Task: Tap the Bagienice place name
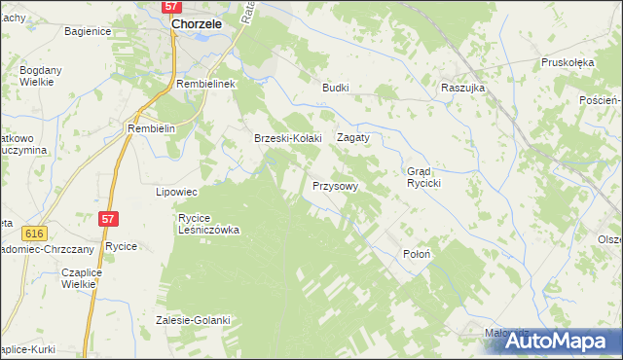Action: click(x=88, y=32)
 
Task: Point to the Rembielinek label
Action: click(x=207, y=85)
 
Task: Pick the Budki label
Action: click(x=336, y=87)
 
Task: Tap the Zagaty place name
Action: click(x=353, y=138)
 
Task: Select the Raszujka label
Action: click(x=462, y=87)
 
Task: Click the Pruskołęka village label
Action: click(x=568, y=62)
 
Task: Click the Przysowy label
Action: click(x=336, y=185)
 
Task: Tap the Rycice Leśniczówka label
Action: click(x=208, y=224)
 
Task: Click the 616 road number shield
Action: click(x=36, y=234)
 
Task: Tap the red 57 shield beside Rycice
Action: click(x=108, y=221)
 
